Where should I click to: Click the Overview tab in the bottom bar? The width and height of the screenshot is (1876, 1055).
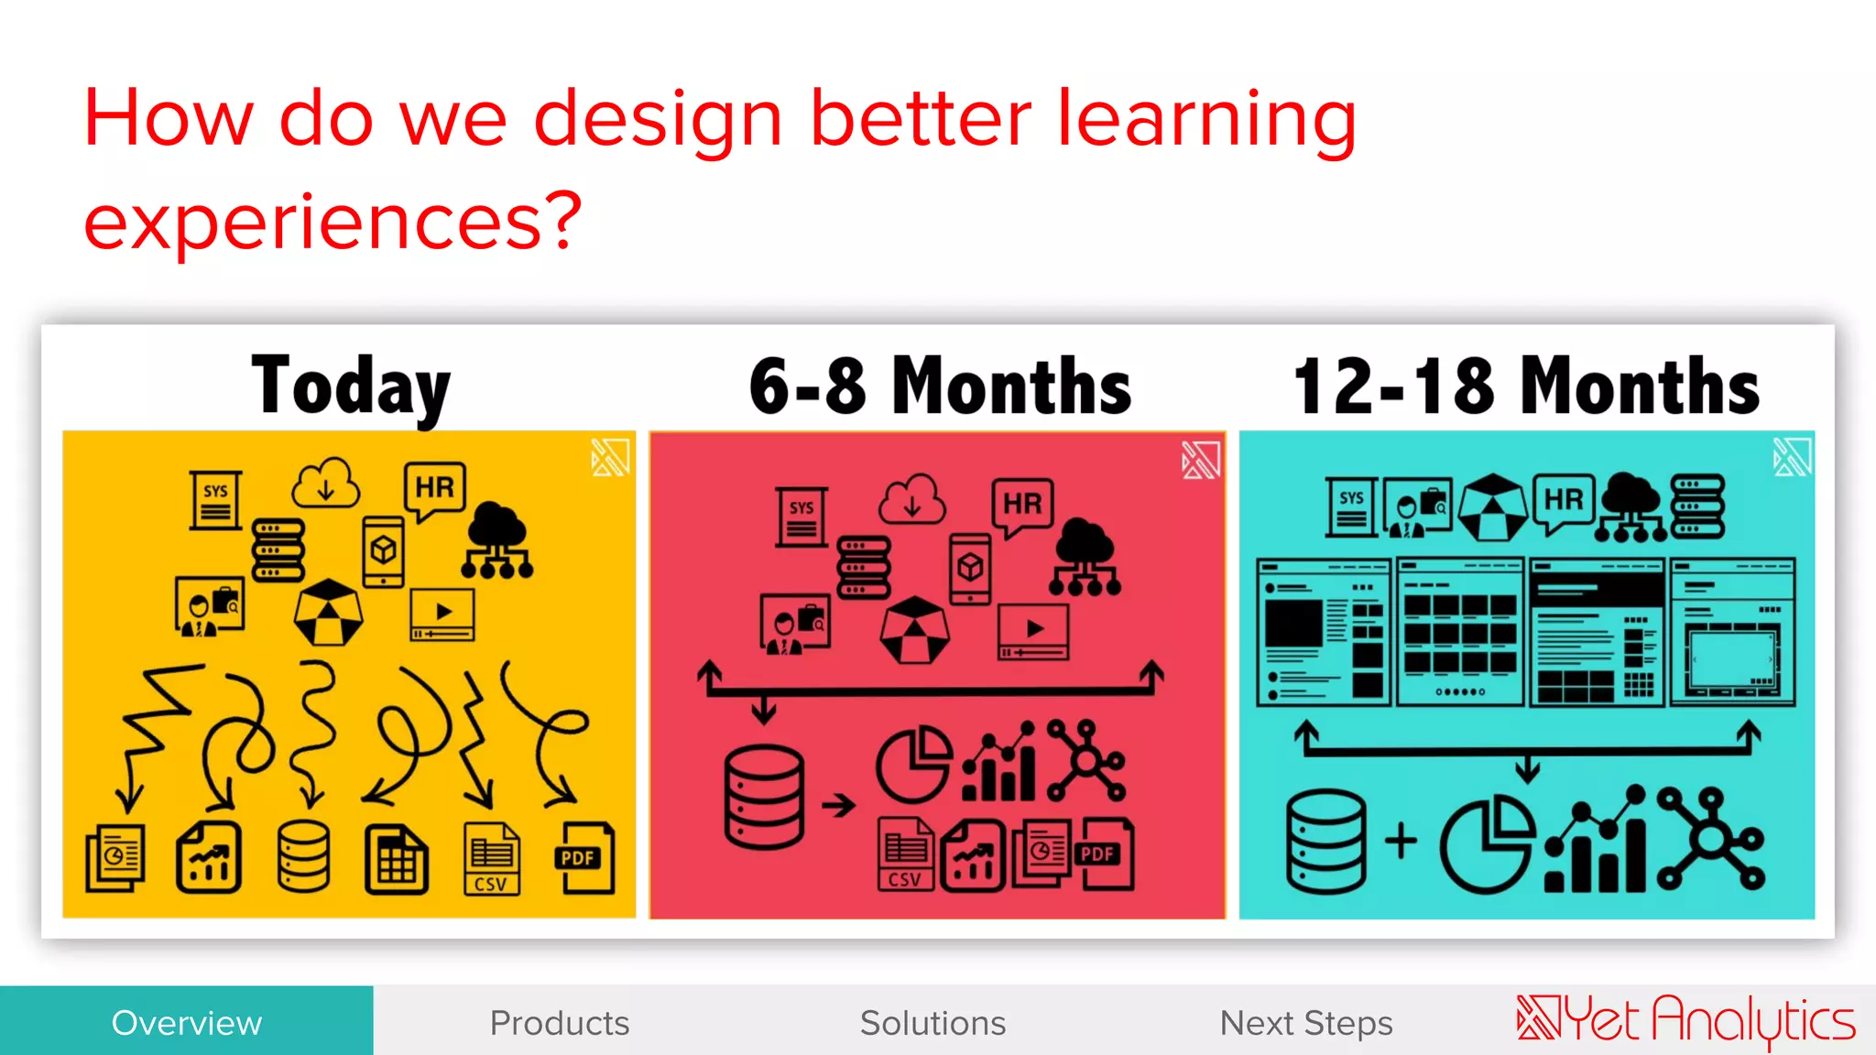186,1022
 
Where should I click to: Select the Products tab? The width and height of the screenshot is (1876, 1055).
560,1022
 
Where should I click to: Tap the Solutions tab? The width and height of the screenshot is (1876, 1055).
933,1022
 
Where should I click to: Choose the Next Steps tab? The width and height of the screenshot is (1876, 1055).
1306,1022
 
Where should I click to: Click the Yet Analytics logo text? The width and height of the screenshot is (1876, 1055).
1685,1020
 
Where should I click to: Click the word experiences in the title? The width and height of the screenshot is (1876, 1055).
332,222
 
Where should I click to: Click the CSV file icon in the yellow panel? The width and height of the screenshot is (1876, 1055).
492,858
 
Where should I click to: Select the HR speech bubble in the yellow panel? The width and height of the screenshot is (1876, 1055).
434,489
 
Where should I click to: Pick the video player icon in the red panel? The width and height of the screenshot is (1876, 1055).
1033,631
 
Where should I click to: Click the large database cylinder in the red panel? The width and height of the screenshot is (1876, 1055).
763,797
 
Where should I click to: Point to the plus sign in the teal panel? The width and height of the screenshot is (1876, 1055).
1401,840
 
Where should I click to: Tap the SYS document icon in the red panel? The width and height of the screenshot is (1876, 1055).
802,517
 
